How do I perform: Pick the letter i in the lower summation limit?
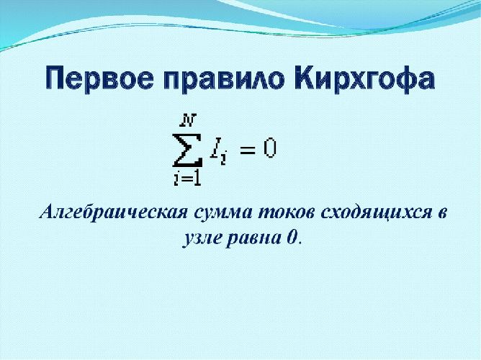click(176, 179)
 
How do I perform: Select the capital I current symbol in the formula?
click(216, 148)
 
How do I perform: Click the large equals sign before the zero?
click(247, 149)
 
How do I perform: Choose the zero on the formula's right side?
click(269, 148)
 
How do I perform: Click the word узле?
click(197, 238)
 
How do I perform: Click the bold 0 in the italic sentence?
click(291, 238)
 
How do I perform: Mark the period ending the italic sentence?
click(300, 243)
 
